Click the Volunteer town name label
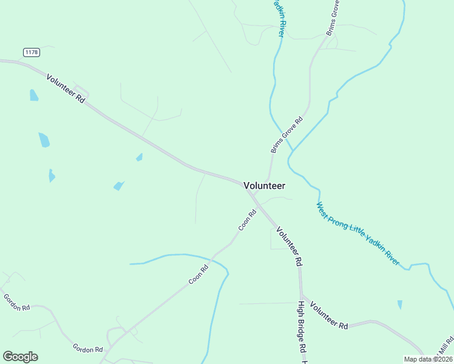tap(264, 186)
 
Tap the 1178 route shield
tap(32, 53)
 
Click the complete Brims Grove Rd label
tap(286, 135)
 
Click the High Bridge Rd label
tap(300, 328)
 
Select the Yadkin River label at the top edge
tap(280, 18)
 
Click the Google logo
tap(20, 357)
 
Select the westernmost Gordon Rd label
tap(16, 303)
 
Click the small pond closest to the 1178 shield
tap(34, 95)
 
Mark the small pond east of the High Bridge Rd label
tap(399, 305)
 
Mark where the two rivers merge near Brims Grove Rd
tap(291, 149)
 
